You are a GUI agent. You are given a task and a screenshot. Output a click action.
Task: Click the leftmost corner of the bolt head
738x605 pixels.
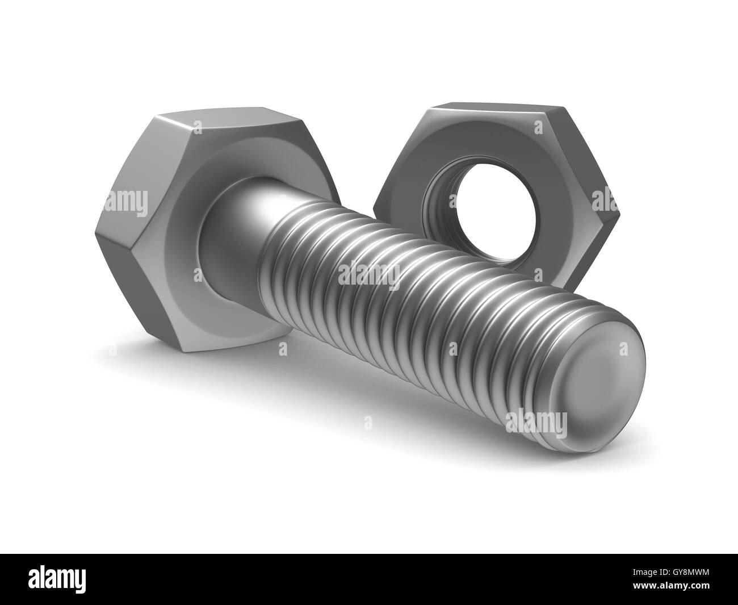coord(95,235)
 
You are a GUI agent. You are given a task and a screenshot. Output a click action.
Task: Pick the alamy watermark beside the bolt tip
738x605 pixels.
coord(536,423)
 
